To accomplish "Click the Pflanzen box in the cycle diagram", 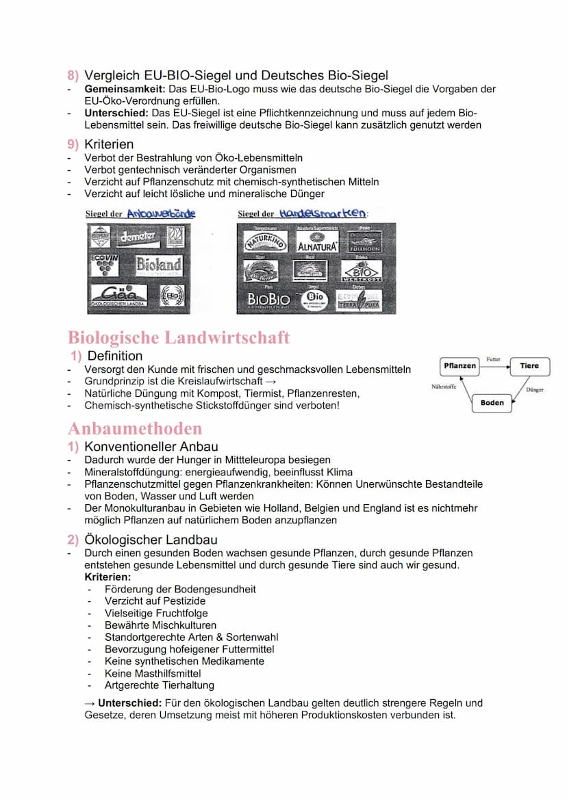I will click(459, 366).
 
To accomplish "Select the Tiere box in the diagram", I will click(529, 366).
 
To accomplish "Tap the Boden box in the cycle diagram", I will click(492, 403).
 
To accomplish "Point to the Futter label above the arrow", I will click(494, 358).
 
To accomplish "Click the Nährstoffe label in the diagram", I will click(444, 386).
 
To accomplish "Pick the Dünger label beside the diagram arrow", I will click(535, 390).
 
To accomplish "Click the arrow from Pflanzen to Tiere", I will click(494, 367).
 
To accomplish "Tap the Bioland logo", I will click(158, 265).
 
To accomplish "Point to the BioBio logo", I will click(268, 299).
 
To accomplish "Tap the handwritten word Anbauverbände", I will click(161, 213).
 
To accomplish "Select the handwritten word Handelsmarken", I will click(323, 213).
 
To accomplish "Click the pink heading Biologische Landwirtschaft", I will click(179, 337).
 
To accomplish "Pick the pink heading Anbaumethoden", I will click(135, 429).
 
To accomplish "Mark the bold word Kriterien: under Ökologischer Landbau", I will click(108, 577).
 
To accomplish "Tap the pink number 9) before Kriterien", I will click(73, 144).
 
